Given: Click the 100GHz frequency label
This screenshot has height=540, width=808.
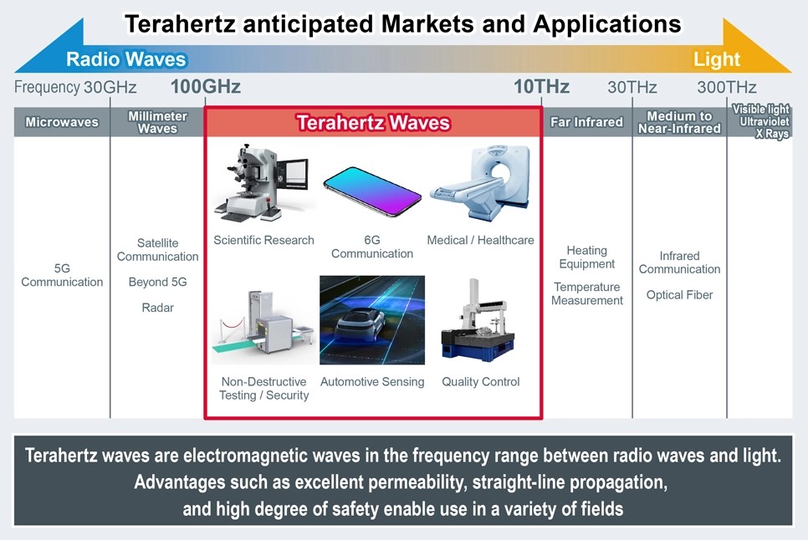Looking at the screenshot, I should (x=205, y=87).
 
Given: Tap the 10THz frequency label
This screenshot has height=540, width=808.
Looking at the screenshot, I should (x=541, y=87).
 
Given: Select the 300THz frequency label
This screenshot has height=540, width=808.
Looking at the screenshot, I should (x=727, y=87).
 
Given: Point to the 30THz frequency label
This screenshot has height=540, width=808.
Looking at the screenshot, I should (x=632, y=87).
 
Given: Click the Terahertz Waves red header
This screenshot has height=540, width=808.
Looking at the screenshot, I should (x=373, y=123).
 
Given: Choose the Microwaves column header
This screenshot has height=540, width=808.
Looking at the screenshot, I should (x=62, y=122).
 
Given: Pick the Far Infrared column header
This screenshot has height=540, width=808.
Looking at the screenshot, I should (x=586, y=122).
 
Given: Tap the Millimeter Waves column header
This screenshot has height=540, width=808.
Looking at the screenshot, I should (x=157, y=122).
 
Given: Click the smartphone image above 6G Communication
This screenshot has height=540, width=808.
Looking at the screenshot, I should (x=372, y=191).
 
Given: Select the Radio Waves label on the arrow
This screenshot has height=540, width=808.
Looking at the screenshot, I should (x=126, y=59).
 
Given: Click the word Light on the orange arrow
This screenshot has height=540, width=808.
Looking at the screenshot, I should (x=716, y=59).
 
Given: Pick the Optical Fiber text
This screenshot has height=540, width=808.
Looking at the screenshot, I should (x=679, y=295).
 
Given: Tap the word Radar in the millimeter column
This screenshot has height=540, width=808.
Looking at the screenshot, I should (x=157, y=308).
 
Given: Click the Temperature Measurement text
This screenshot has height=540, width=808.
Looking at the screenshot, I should (x=586, y=293).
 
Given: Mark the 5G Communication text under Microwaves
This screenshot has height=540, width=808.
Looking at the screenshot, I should (x=62, y=275).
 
